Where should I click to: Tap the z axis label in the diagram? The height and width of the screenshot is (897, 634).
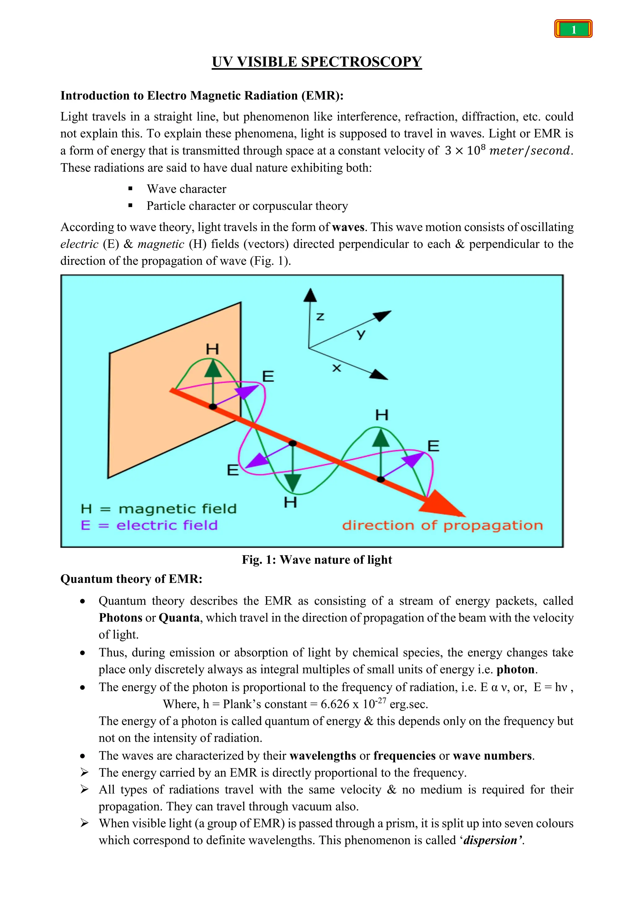320,317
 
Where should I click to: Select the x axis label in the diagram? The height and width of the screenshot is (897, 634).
337,368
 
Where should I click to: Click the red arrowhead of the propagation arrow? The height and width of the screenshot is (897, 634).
443,505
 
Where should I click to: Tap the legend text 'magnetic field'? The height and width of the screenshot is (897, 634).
178,509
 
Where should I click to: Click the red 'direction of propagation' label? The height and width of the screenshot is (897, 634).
442,525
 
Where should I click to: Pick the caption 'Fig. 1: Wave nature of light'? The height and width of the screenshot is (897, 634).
317,560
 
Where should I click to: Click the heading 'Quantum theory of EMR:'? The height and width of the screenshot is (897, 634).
131,579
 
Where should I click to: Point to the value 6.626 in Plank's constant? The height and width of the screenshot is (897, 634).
335,704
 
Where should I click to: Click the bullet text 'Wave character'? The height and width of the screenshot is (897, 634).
186,189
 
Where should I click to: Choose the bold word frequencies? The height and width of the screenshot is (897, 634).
404,755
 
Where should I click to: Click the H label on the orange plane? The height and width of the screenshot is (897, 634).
212,349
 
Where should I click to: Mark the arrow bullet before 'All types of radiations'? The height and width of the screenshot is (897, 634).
84,789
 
